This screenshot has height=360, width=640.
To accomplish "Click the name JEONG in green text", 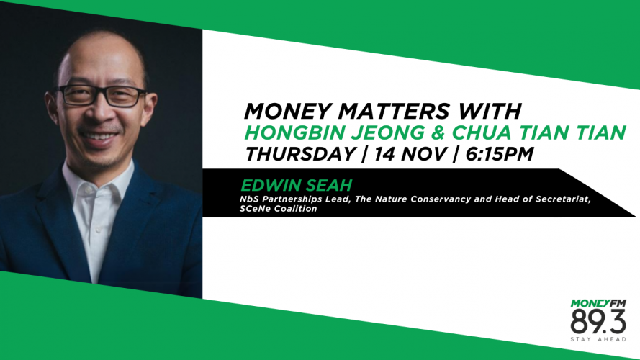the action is click(x=389, y=132).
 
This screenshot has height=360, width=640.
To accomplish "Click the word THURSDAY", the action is click(x=300, y=154).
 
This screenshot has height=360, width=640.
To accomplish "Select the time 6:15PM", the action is click(x=499, y=154).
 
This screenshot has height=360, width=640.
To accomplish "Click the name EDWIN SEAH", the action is click(x=296, y=185).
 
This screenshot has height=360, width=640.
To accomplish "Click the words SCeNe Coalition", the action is click(x=279, y=209).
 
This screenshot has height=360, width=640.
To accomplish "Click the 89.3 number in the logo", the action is click(x=598, y=322).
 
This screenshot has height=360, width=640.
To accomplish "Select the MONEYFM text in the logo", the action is click(x=598, y=303).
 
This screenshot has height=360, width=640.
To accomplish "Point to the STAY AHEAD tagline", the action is click(x=598, y=339).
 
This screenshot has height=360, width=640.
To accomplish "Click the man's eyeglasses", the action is click(x=102, y=96).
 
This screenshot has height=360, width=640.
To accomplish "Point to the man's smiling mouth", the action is click(x=98, y=137).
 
